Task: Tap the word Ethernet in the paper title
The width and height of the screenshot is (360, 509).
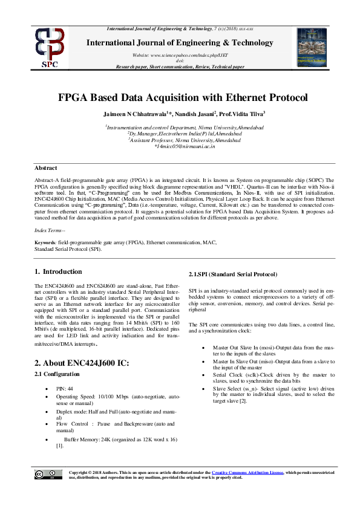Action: click(242, 98)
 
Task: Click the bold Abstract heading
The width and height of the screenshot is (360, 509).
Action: click(46, 168)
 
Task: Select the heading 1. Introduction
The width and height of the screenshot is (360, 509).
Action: click(59, 272)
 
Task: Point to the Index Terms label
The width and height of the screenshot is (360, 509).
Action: click(49, 231)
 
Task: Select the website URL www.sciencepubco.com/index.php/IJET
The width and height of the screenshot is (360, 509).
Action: click(185, 54)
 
